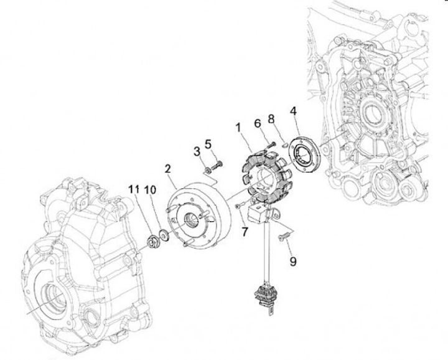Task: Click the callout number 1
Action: [238, 127]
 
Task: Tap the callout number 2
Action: [167, 168]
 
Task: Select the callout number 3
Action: [197, 151]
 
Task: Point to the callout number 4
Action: [293, 112]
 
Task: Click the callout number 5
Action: [209, 144]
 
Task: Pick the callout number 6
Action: [256, 124]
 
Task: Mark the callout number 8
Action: [271, 119]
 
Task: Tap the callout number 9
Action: [292, 262]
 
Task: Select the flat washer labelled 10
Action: [164, 235]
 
